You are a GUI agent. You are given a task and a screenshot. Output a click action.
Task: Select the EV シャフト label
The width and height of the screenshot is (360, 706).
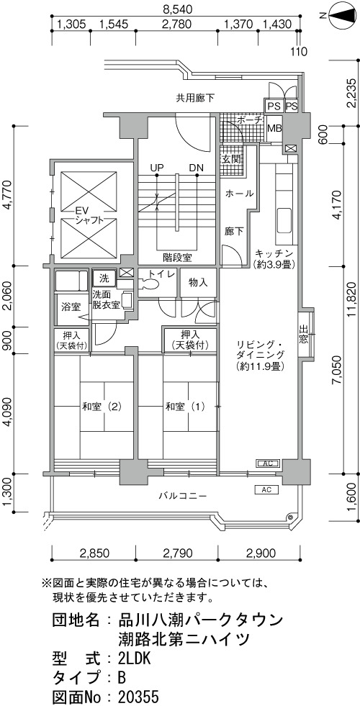click(84, 215)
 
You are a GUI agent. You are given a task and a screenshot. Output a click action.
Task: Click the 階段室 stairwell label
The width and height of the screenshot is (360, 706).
click(178, 258)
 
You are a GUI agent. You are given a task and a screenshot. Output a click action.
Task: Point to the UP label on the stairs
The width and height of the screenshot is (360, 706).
click(156, 168)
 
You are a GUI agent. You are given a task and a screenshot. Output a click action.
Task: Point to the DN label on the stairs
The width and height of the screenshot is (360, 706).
click(196, 168)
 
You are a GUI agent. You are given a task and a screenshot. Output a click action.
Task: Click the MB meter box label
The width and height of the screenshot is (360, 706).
click(274, 128)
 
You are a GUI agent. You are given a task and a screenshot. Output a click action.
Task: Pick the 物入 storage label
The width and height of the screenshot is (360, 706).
click(198, 282)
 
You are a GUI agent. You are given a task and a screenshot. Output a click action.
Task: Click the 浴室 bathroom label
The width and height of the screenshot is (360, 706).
click(71, 308)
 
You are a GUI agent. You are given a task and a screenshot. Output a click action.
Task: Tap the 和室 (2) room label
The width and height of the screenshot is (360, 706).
click(102, 407)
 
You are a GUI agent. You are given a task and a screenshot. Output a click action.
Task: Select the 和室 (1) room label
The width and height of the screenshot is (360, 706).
click(185, 407)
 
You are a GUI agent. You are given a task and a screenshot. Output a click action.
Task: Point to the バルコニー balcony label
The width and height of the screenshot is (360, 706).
click(182, 496)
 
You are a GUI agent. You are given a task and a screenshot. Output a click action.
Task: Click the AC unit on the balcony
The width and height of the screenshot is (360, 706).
click(266, 489)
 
